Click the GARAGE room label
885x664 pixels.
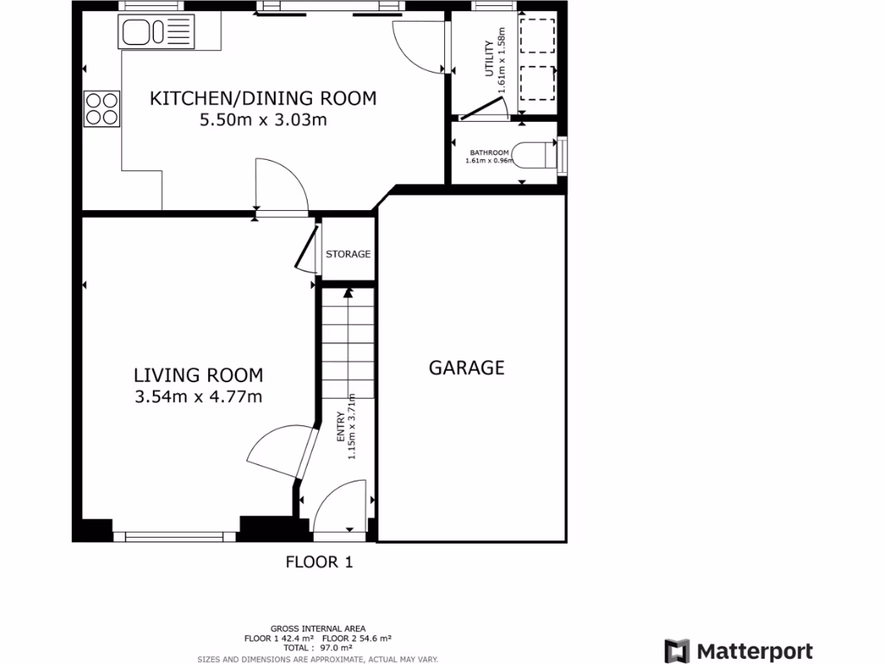467,367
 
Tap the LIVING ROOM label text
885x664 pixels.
198,375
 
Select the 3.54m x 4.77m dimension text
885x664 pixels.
198,397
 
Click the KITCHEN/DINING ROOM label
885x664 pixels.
263,98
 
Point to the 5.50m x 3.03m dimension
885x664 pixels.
263,120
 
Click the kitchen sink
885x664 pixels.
145,33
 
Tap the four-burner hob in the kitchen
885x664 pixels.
101,109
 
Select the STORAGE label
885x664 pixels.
347,254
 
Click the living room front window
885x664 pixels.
180,537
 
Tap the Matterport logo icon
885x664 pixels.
677,651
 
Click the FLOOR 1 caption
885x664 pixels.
319,562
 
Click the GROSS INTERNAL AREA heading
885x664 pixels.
317,629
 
